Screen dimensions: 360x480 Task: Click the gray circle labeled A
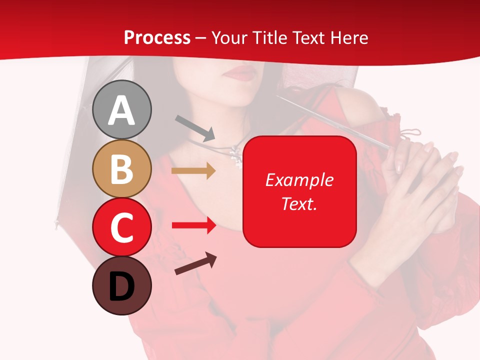tap(122, 109)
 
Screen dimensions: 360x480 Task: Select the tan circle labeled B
tap(122, 168)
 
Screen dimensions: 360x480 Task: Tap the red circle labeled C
tap(122, 227)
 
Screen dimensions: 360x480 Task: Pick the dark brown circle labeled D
tap(122, 285)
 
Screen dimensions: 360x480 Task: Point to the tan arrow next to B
tap(193, 171)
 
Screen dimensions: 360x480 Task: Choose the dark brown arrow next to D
tap(195, 263)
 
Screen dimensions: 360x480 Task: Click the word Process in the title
tap(157, 38)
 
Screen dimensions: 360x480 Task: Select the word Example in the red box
tap(299, 180)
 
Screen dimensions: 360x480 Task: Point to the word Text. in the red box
tap(299, 204)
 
